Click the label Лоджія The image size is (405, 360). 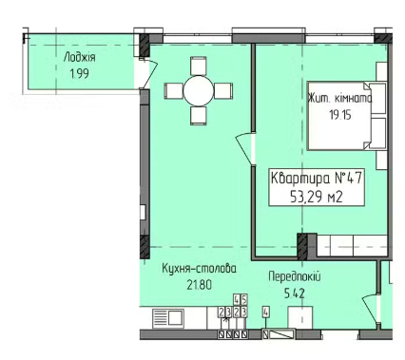79,58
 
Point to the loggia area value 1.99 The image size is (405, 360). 80,74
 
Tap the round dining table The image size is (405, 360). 199,90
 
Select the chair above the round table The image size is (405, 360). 199,66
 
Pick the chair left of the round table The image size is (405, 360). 174,90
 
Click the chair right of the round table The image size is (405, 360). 223,90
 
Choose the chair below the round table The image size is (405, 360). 199,116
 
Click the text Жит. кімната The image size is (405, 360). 339,99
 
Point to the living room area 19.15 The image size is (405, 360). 340,115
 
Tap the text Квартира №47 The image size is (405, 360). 317,179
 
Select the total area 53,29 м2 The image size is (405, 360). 317,198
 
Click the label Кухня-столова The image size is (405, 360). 199,269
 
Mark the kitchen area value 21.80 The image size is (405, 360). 199,285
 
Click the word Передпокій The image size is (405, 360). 295,277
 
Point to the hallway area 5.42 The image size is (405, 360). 295,294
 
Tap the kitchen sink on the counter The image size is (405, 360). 168,317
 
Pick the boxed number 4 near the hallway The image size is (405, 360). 266,313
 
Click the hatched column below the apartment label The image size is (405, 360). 302,247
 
